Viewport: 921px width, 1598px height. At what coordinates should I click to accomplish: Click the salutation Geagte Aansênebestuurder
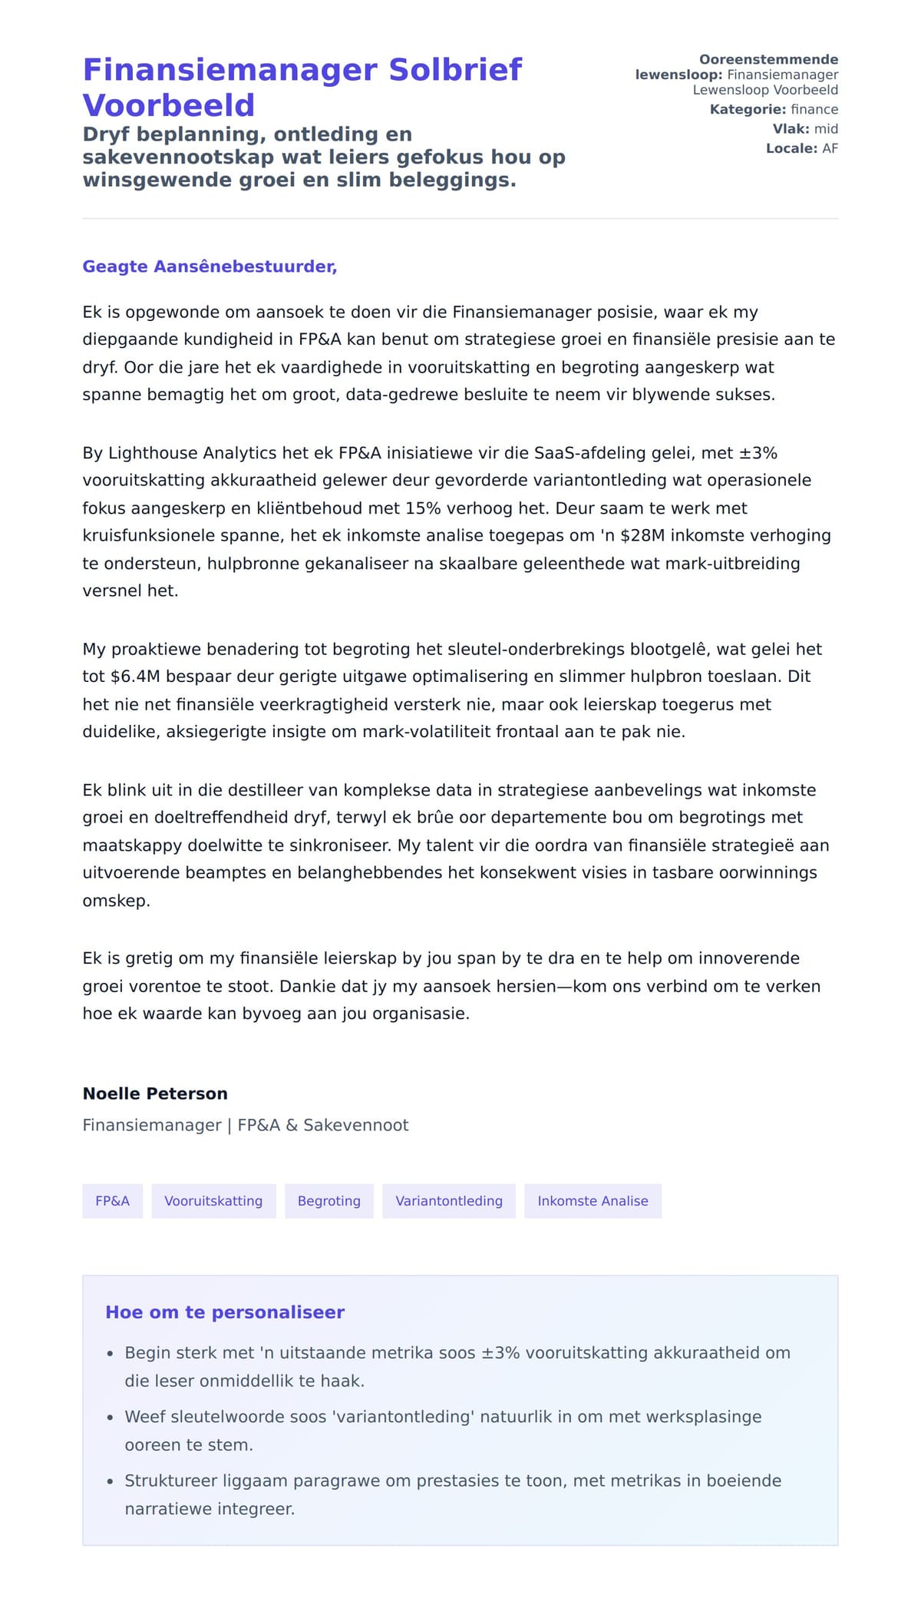pyautogui.click(x=210, y=266)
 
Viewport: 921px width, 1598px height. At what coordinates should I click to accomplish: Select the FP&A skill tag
pyautogui.click(x=112, y=1201)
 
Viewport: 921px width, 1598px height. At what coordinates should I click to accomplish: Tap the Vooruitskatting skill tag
pyautogui.click(x=213, y=1201)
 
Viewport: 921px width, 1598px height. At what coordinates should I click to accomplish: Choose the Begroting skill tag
pyautogui.click(x=328, y=1201)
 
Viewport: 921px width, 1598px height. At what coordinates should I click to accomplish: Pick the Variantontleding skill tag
pyautogui.click(x=449, y=1201)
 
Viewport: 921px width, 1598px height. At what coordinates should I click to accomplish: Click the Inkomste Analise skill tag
pyautogui.click(x=593, y=1201)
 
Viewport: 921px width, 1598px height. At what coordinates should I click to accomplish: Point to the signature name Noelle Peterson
pyautogui.click(x=155, y=1093)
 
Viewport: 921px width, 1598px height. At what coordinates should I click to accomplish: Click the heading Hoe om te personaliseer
pyautogui.click(x=225, y=1312)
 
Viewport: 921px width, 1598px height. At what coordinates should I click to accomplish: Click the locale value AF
pyautogui.click(x=830, y=148)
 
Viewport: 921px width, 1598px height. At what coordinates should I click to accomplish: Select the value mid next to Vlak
pyautogui.click(x=826, y=129)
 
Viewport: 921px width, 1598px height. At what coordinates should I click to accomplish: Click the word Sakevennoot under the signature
pyautogui.click(x=356, y=1125)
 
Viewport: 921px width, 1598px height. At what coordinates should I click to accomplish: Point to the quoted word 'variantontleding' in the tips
pyautogui.click(x=404, y=1417)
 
